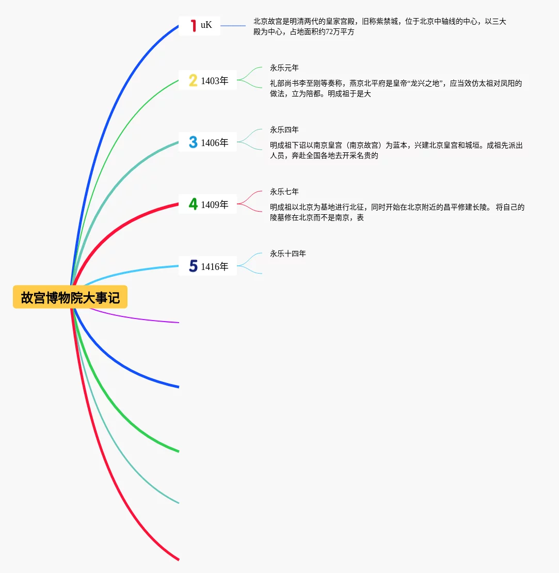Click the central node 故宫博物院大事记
[70, 297]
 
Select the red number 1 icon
[194, 25]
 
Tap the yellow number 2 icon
[193, 81]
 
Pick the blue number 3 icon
[193, 142]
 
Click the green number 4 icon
[193, 204]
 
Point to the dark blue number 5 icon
[193, 266]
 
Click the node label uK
[206, 25]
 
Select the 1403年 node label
[215, 81]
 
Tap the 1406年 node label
[215, 142]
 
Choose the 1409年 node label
[215, 204]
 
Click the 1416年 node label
[215, 266]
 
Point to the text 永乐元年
[284, 68]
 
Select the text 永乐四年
[284, 130]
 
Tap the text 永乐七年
[284, 192]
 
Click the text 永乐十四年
[288, 253]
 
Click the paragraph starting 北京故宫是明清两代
[379, 26]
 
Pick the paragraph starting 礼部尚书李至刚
[396, 88]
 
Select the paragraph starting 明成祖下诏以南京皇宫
[396, 150]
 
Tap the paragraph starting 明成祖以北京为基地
[397, 212]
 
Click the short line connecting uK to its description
[233, 25]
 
